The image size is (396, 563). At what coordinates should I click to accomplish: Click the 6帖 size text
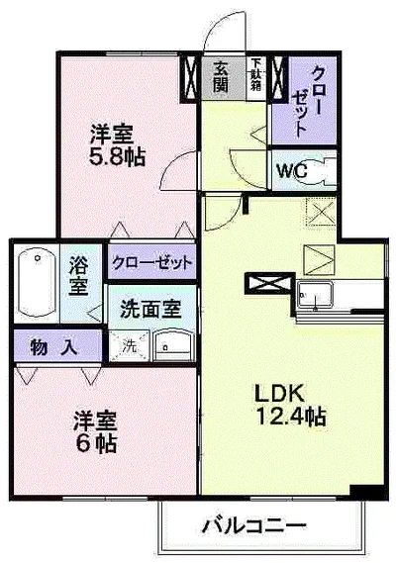tap(94, 444)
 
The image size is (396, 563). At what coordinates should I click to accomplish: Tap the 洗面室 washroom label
tap(150, 308)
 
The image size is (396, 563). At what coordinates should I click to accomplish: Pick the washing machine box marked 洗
tap(129, 346)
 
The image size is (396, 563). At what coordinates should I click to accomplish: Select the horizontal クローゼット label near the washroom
tap(151, 263)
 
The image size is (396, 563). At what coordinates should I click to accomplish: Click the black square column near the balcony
tap(365, 492)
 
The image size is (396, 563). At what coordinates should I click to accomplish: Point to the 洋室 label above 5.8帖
tap(114, 133)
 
